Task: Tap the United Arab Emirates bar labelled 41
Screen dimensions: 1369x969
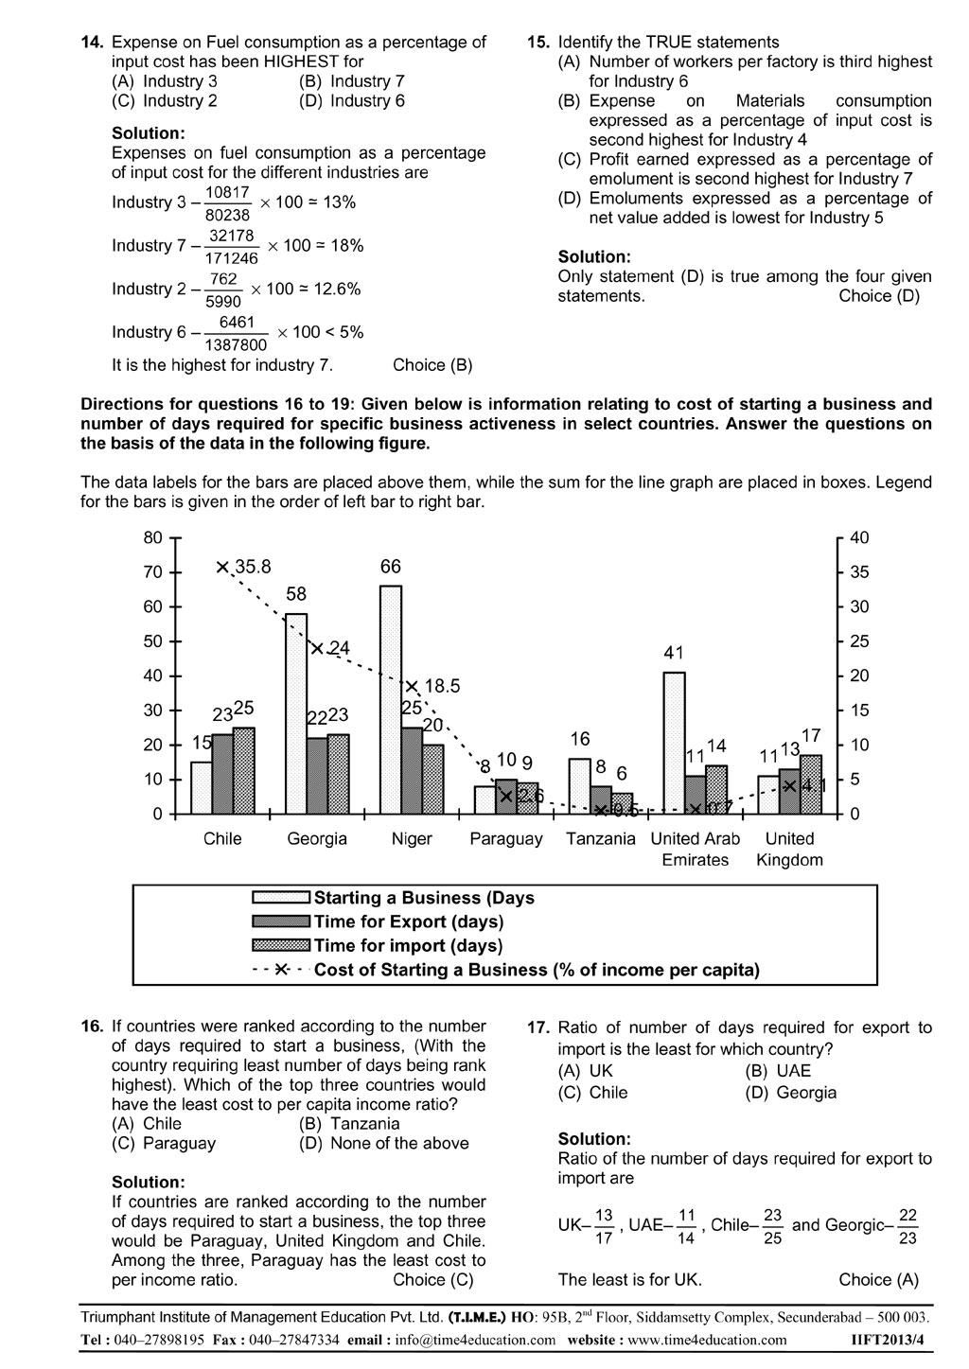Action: tap(674, 742)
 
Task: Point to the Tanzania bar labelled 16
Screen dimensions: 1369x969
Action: tap(579, 785)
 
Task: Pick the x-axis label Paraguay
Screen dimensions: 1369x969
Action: tap(506, 839)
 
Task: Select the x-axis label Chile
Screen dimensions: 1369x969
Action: tap(222, 839)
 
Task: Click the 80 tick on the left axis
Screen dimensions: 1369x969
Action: tap(153, 537)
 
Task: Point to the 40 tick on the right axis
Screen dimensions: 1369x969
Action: tap(858, 537)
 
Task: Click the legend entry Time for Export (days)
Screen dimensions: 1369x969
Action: tap(409, 921)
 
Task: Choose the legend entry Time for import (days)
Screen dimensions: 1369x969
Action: tap(409, 945)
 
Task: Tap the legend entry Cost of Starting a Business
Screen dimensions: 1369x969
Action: tap(537, 970)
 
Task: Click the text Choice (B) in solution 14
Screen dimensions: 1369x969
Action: tap(432, 365)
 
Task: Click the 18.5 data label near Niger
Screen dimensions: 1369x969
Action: tap(442, 687)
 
